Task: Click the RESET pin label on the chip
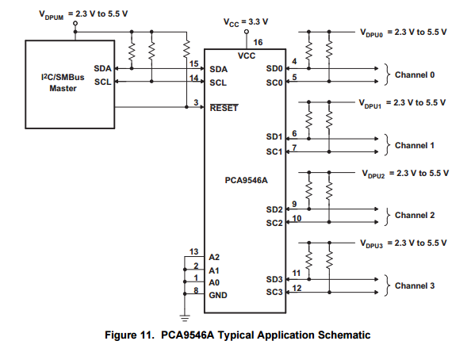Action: (x=224, y=108)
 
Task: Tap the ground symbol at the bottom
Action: (x=185, y=318)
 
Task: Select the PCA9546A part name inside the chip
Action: (x=246, y=180)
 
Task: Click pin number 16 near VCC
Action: (x=258, y=42)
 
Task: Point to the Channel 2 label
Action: (x=415, y=215)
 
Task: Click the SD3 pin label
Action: (x=274, y=279)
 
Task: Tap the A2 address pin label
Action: (x=214, y=257)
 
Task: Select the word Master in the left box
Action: (x=63, y=88)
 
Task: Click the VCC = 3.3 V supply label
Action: (x=246, y=22)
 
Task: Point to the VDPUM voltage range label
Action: (x=83, y=15)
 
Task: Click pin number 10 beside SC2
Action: (x=297, y=219)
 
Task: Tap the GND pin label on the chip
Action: (x=218, y=296)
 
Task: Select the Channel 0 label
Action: (x=415, y=75)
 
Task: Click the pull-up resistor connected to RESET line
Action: (x=186, y=48)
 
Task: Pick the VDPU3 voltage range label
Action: (x=404, y=243)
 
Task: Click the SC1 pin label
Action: (x=274, y=151)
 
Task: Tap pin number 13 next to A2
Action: (x=193, y=251)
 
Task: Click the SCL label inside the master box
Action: (x=103, y=82)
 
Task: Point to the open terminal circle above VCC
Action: (x=247, y=32)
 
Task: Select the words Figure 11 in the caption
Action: (x=129, y=335)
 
